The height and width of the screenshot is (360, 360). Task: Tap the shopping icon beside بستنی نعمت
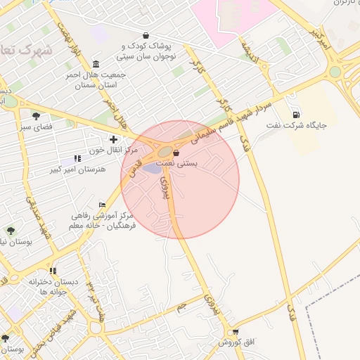point(176,153)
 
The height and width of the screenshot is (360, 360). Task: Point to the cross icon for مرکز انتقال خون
point(112,139)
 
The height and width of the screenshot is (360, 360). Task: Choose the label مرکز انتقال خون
point(112,150)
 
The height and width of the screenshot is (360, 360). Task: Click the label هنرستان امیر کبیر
point(78,169)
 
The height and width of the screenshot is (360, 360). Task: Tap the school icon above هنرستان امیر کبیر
point(77,159)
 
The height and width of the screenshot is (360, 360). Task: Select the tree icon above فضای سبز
point(36,116)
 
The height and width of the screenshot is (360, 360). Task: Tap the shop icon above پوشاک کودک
point(146,34)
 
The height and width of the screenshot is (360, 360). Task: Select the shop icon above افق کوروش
point(235,332)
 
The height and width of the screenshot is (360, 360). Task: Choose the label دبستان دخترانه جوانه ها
point(48,286)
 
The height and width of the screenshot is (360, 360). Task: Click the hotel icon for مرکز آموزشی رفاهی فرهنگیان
point(103,205)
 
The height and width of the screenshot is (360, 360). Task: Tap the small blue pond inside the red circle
point(152,167)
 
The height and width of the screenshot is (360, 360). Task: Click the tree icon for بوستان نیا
point(10,230)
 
